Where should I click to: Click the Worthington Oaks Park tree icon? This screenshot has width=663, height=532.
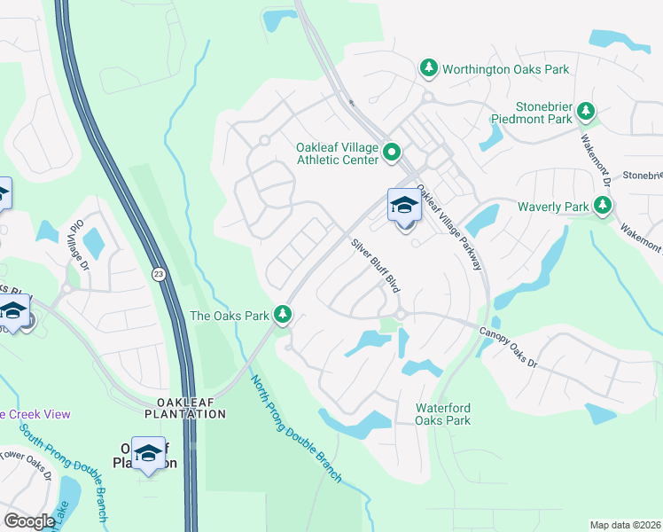coord(429,68)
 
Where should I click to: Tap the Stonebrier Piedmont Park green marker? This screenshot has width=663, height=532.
coord(586,111)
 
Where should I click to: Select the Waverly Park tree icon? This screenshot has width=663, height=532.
coord(603,207)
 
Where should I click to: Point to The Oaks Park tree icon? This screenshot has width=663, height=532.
coord(283,315)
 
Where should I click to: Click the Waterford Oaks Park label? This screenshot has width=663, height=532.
coord(443,414)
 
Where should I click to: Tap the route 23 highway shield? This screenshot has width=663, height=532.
coord(158,274)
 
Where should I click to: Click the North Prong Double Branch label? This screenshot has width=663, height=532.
coord(295,429)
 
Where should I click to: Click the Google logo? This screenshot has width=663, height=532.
coord(29,521)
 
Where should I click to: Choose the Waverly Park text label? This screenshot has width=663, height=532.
coord(553,207)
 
